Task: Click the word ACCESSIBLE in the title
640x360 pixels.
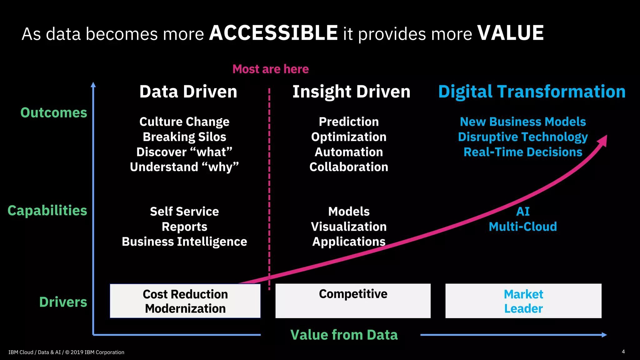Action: pos(273,33)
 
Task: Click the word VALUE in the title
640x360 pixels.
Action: pos(510,33)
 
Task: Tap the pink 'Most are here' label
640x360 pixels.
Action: pos(270,69)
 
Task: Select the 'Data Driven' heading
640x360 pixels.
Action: pos(188,92)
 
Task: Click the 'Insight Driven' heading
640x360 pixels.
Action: pos(351,92)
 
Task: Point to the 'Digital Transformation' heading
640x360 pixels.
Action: pos(532,92)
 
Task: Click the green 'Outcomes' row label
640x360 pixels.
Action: pos(54,112)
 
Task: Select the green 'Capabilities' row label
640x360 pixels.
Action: pos(47,211)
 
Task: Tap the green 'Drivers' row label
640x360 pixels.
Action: pos(63,302)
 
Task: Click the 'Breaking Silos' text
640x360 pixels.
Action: pos(184,137)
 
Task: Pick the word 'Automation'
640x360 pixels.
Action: pos(349,152)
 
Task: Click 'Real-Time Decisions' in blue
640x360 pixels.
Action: pos(523,152)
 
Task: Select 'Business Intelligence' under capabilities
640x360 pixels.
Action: pos(184,242)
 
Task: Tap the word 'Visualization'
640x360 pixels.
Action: pos(349,227)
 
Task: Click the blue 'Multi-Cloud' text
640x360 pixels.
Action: pos(523,227)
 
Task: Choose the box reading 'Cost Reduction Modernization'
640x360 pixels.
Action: pos(185,301)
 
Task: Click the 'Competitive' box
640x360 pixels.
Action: pos(353,301)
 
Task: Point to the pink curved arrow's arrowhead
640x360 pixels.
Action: pos(603,141)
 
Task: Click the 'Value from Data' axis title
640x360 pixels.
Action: pos(344,335)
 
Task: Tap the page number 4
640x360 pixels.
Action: pos(623,352)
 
